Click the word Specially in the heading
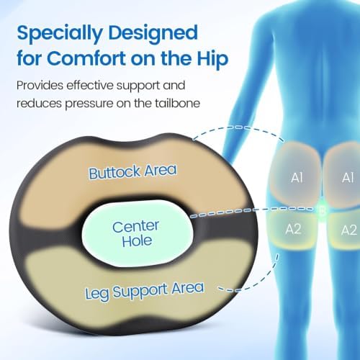[60, 34]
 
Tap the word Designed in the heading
[153, 34]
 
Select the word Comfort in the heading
[87, 58]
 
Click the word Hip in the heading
[212, 59]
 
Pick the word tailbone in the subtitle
[177, 104]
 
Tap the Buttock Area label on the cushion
[132, 171]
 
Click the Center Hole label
[136, 233]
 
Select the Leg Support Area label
[145, 291]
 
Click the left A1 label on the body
[297, 178]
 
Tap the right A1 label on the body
[348, 178]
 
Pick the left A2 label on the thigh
[293, 229]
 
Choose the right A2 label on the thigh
[348, 230]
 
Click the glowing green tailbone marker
[323, 211]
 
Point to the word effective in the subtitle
[90, 86]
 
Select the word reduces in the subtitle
[39, 104]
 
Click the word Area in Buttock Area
[161, 170]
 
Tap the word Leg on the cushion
[97, 294]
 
